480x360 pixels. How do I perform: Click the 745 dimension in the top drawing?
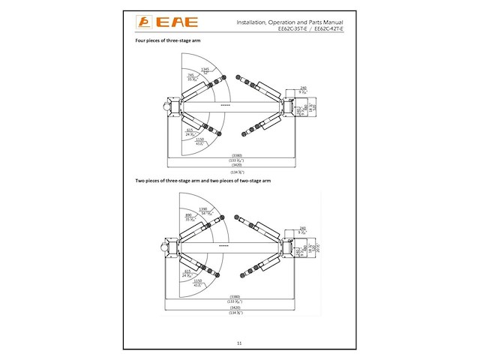(x=191, y=76)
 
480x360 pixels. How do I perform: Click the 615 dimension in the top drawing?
(x=190, y=131)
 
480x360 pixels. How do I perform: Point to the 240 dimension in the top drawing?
(x=303, y=88)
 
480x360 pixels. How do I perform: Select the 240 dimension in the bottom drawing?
(x=303, y=228)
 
